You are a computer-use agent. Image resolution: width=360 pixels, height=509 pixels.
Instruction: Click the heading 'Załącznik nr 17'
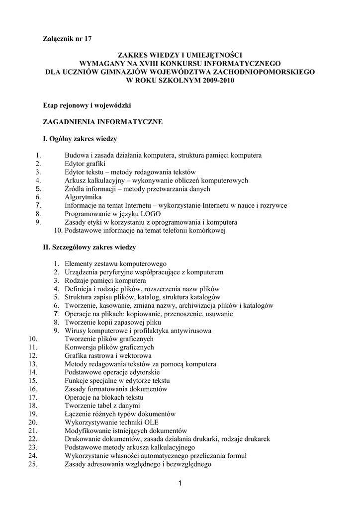coord(67,38)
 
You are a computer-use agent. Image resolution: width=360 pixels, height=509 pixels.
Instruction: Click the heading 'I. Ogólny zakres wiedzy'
coord(80,139)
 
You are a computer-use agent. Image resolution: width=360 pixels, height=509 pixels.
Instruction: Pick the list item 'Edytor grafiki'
coord(85,164)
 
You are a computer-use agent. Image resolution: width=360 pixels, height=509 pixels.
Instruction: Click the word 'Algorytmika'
coord(83,197)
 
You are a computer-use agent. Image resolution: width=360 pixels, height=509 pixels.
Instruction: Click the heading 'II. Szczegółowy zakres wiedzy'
coord(90,247)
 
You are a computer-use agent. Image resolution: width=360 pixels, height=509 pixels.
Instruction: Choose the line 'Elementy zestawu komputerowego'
coord(115,264)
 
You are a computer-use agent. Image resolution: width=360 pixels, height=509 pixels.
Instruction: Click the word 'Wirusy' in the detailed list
coord(75,331)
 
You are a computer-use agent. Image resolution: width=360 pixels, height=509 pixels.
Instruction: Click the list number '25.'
coord(33,464)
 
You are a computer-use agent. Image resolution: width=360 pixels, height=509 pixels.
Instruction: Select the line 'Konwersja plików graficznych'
coord(109,347)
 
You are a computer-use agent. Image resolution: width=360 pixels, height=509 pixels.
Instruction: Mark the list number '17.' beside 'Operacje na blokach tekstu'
coord(33,398)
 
